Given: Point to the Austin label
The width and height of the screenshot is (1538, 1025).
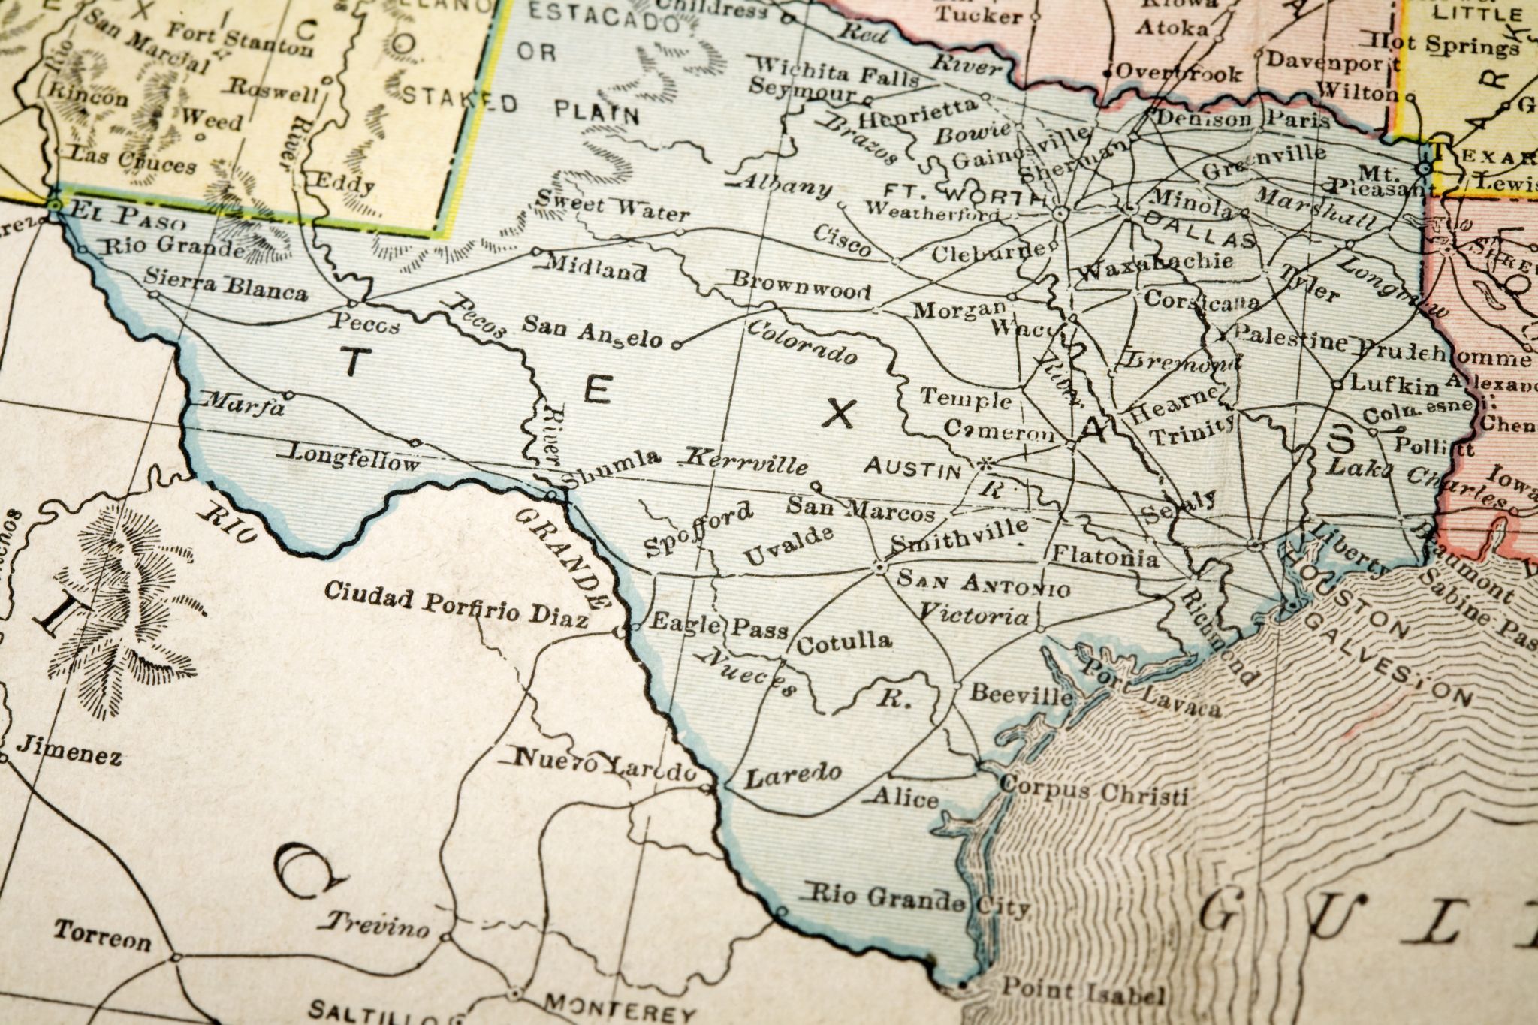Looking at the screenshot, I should click(x=912, y=469).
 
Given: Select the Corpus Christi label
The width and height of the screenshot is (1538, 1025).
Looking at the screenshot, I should click(x=1095, y=789).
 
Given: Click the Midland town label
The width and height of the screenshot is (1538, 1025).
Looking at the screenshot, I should click(x=596, y=267).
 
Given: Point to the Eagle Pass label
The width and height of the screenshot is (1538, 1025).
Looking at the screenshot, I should click(x=717, y=624).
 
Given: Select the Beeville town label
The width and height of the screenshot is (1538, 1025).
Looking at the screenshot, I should click(x=1021, y=693).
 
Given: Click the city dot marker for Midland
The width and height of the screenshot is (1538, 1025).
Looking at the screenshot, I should click(x=536, y=252).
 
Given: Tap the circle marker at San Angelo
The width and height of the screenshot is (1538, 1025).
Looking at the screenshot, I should click(x=674, y=345).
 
